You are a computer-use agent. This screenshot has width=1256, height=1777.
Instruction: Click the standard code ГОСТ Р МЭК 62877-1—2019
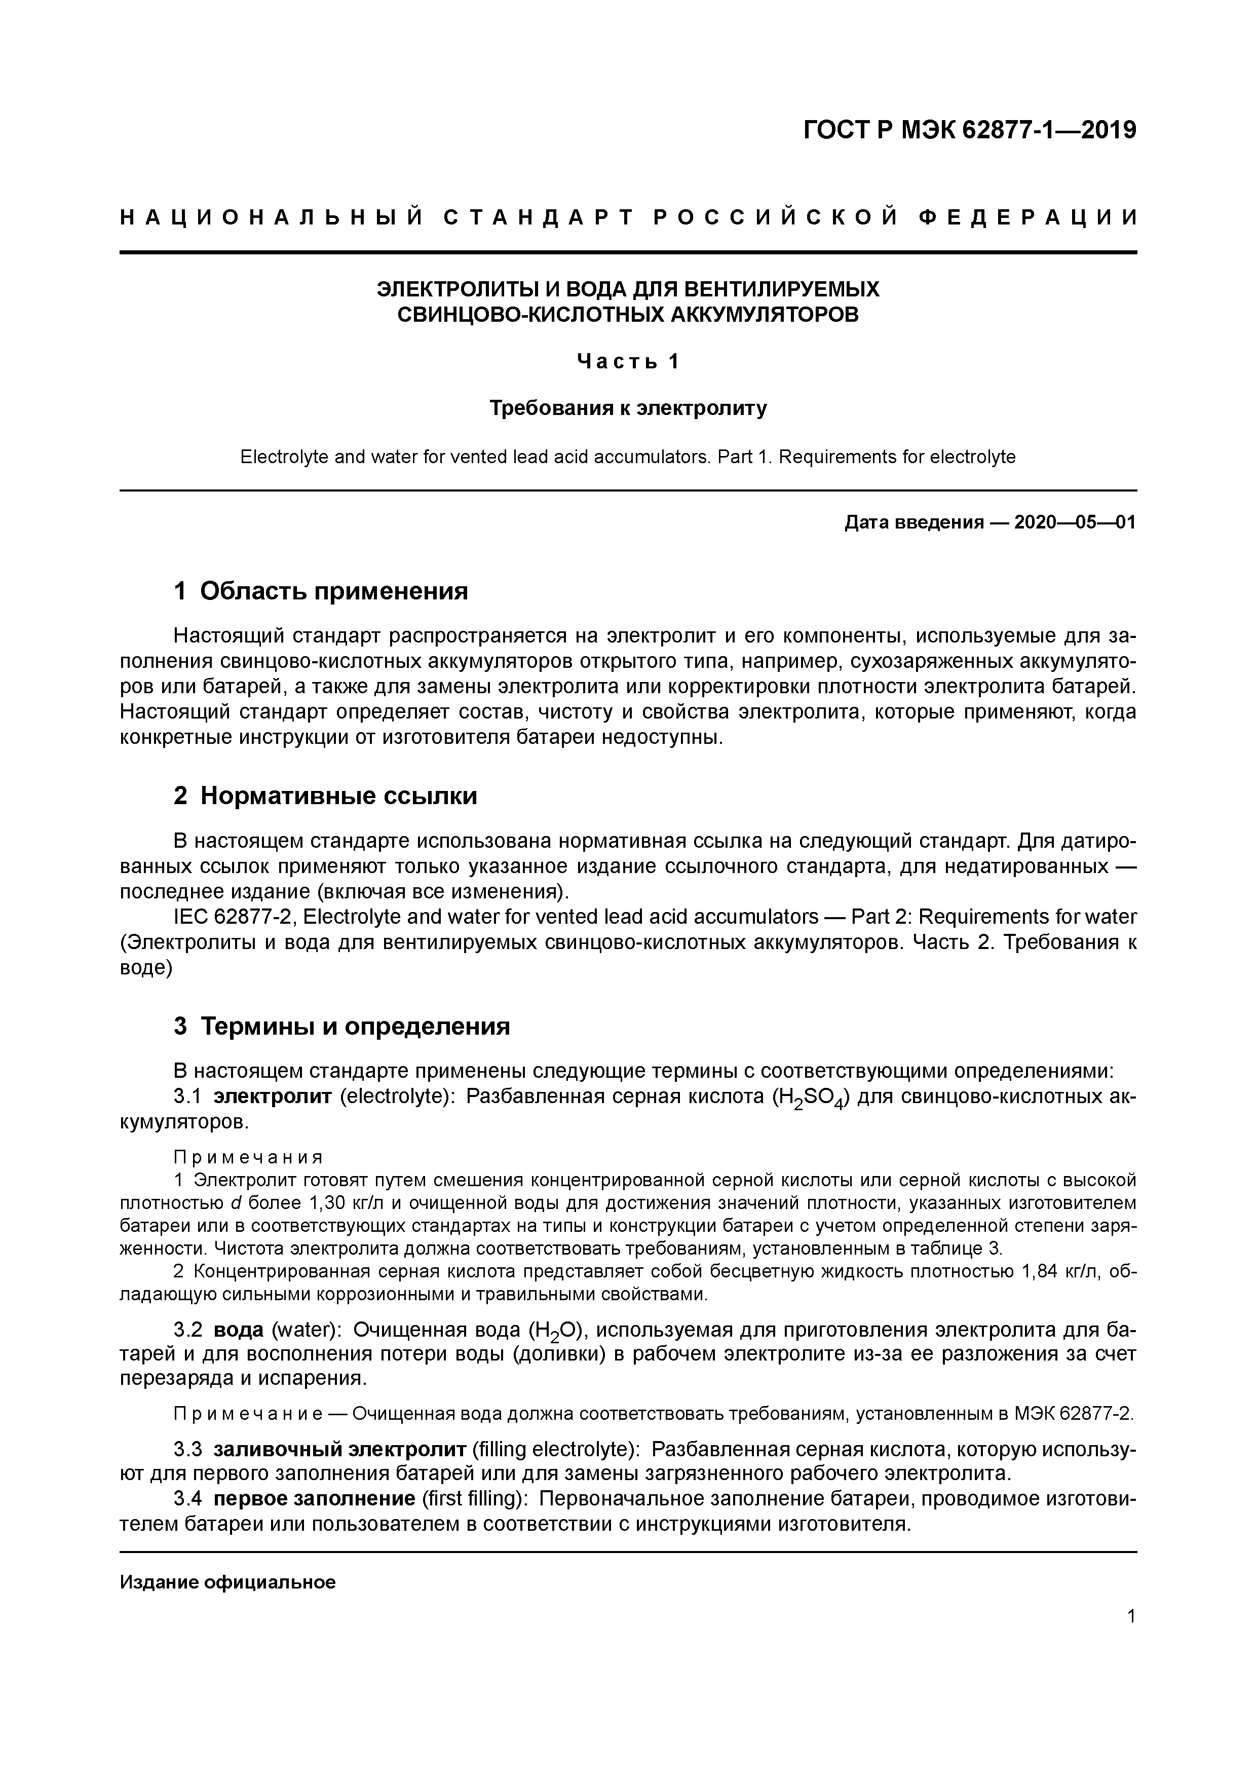click(970, 130)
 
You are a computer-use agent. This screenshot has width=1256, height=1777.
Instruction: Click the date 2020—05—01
click(1074, 522)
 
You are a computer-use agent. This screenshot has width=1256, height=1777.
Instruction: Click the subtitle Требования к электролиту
click(628, 408)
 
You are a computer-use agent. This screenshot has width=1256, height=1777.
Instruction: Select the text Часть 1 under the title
click(628, 361)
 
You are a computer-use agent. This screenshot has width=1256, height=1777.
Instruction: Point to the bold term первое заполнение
click(314, 1499)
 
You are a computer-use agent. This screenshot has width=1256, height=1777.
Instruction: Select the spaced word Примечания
click(248, 1157)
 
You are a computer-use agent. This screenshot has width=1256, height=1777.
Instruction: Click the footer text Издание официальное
click(227, 1583)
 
